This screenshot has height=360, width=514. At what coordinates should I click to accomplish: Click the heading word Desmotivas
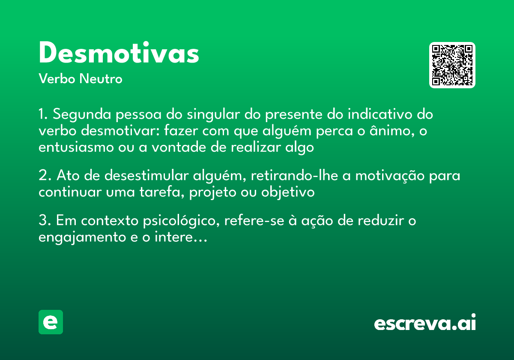(119, 54)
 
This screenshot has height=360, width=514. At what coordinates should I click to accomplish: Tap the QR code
(452, 65)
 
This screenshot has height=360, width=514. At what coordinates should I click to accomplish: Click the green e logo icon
(51, 322)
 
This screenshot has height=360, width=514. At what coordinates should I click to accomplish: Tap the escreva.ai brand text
(425, 323)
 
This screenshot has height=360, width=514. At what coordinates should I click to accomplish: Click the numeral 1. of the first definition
(44, 115)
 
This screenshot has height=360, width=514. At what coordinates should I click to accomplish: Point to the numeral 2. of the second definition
(45, 176)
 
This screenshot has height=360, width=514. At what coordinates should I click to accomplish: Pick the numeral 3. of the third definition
(45, 221)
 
